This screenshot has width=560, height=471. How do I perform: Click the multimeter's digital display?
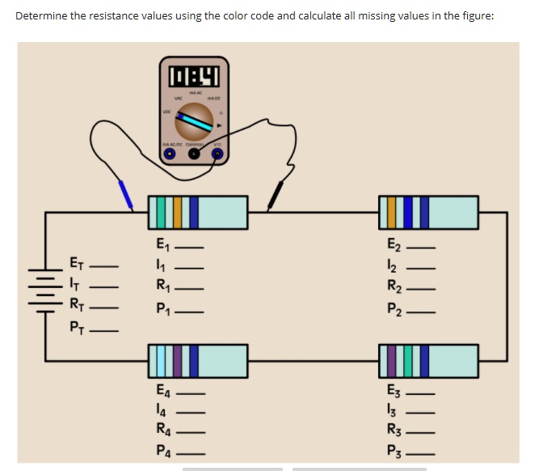point(194,77)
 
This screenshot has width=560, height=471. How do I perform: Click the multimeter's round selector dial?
point(194,121)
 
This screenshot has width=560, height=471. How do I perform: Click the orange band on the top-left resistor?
point(178,212)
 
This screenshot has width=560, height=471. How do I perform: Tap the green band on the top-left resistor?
point(162,212)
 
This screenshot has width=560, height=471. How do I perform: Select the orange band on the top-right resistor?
point(392,212)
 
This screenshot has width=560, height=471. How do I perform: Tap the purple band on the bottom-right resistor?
point(393,360)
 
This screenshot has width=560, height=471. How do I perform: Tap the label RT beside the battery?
point(77,306)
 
